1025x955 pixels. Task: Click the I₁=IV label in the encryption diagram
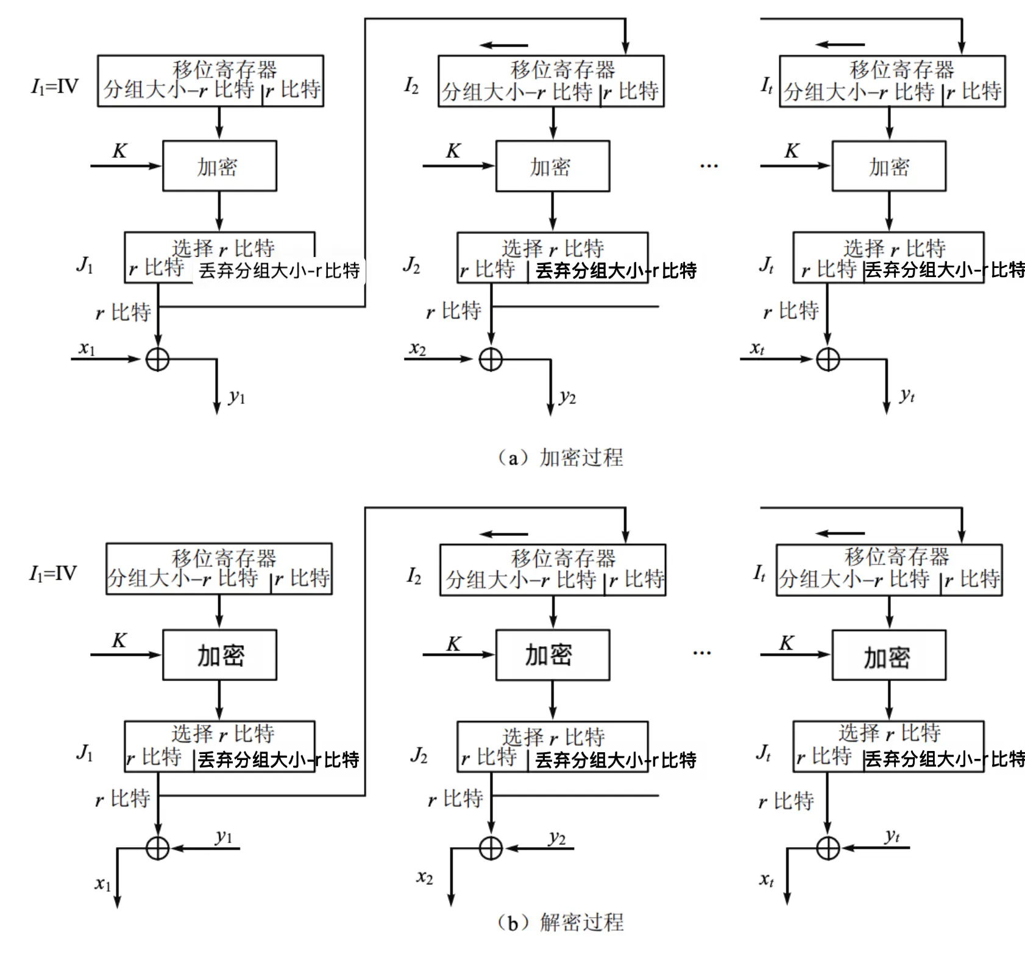[x=55, y=86]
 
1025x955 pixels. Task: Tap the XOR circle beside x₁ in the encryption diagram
[x=158, y=359]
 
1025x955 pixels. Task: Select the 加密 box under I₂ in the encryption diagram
[x=553, y=166]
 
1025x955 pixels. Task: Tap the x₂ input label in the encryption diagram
[x=417, y=349]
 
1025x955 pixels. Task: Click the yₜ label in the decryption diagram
[x=892, y=836]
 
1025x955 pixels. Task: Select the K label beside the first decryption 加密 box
[x=119, y=640]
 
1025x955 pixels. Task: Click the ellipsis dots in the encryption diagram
[x=709, y=166]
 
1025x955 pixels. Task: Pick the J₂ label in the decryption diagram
[x=419, y=756]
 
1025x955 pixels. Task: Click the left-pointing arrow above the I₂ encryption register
[x=503, y=45]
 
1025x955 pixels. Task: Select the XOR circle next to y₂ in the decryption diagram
[x=491, y=848]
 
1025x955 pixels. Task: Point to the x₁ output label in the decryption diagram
[x=103, y=884]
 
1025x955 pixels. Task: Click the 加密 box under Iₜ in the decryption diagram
[x=889, y=655]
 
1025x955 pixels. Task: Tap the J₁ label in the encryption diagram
[x=85, y=265]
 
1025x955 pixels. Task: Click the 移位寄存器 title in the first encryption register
[x=224, y=69]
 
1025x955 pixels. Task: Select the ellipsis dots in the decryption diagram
[x=702, y=653]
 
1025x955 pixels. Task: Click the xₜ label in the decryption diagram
[x=767, y=879]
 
